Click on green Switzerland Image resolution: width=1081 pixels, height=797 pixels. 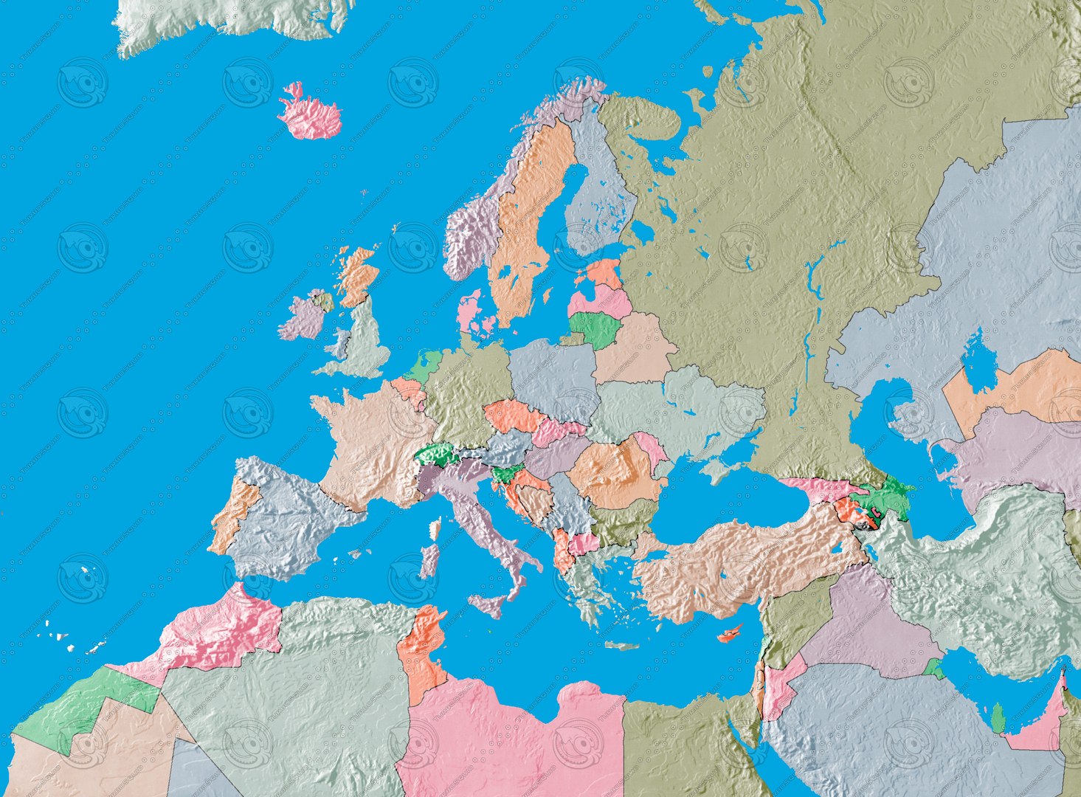[x=436, y=455]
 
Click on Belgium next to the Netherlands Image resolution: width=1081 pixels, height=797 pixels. [x=410, y=389]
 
